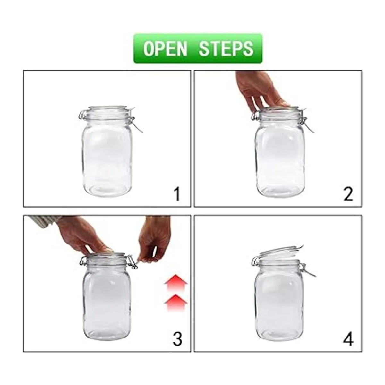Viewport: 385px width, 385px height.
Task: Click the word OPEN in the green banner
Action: click(166, 48)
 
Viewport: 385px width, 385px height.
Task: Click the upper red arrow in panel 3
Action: click(175, 283)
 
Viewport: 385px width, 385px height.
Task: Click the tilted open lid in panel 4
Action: click(280, 252)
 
